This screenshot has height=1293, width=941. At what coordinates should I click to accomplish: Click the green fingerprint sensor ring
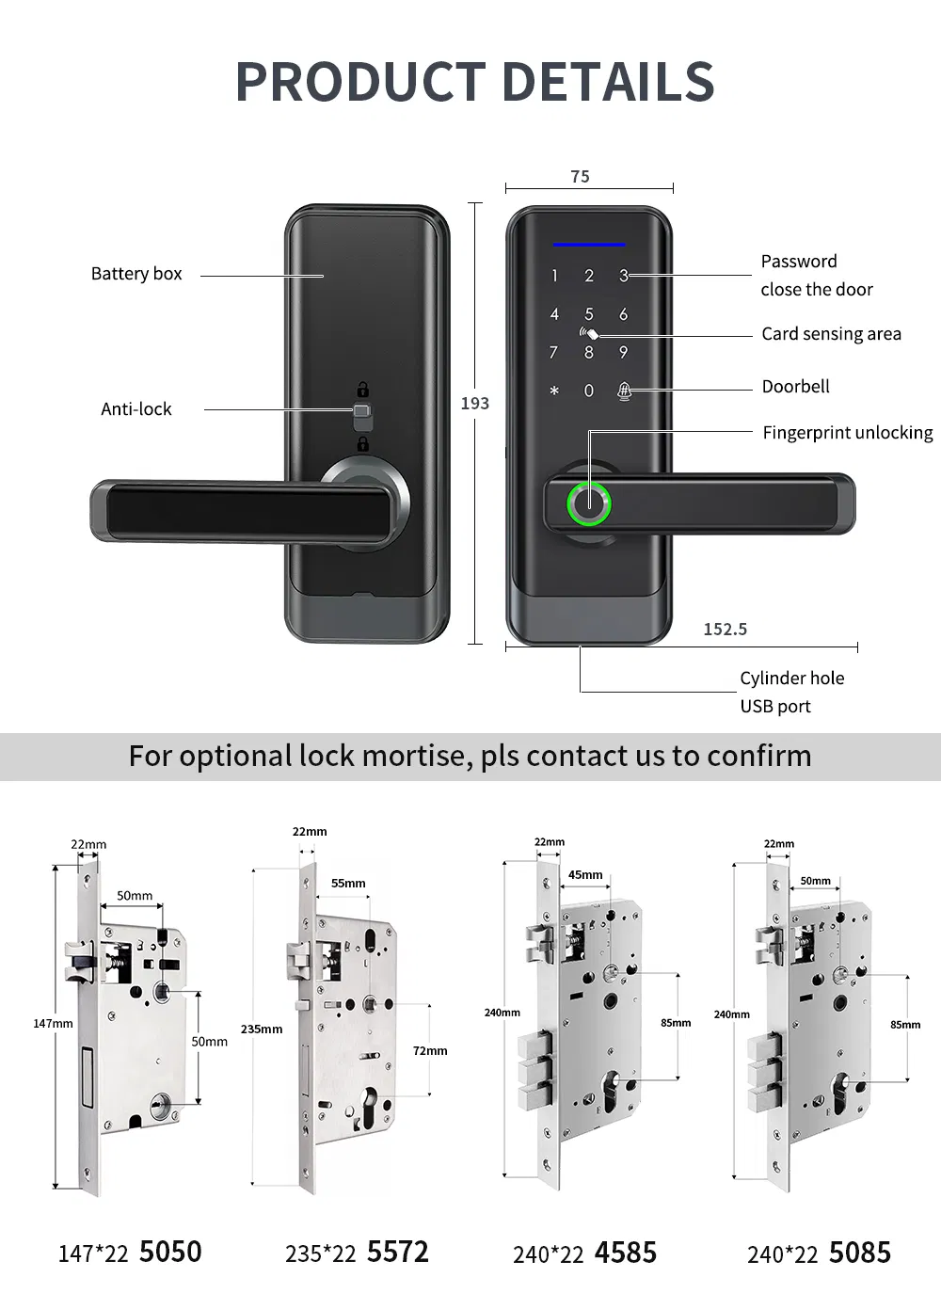pyautogui.click(x=589, y=503)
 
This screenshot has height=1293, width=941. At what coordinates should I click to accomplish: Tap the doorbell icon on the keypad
pyautogui.click(x=624, y=390)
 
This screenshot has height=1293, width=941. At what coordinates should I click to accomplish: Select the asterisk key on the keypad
pyautogui.click(x=554, y=391)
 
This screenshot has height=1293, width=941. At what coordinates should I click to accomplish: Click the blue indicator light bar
pyautogui.click(x=589, y=245)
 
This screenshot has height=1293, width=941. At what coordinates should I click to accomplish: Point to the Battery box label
pyautogui.click(x=136, y=274)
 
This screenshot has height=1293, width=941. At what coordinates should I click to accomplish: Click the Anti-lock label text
pyautogui.click(x=136, y=409)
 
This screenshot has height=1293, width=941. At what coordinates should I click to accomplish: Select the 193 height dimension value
pyautogui.click(x=474, y=404)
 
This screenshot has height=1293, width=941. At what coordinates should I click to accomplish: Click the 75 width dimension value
pyautogui.click(x=580, y=177)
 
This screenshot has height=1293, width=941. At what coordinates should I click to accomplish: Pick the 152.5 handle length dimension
pyautogui.click(x=725, y=630)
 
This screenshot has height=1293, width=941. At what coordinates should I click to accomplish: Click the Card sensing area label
pyautogui.click(x=831, y=334)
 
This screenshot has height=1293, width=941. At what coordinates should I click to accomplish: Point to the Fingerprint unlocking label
pyautogui.click(x=847, y=433)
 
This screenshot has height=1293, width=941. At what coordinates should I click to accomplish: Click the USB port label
pyautogui.click(x=774, y=707)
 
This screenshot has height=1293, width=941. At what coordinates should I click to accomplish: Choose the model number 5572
pyautogui.click(x=397, y=1253)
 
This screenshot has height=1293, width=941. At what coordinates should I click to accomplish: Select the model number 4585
pyautogui.click(x=625, y=1253)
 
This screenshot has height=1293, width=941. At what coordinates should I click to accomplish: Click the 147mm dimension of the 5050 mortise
pyautogui.click(x=53, y=1024)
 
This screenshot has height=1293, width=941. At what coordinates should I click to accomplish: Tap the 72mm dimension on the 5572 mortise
pyautogui.click(x=430, y=1051)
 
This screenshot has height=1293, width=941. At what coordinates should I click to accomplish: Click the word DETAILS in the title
pyautogui.click(x=601, y=82)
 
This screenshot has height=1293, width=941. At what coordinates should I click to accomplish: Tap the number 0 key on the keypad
pyautogui.click(x=589, y=391)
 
